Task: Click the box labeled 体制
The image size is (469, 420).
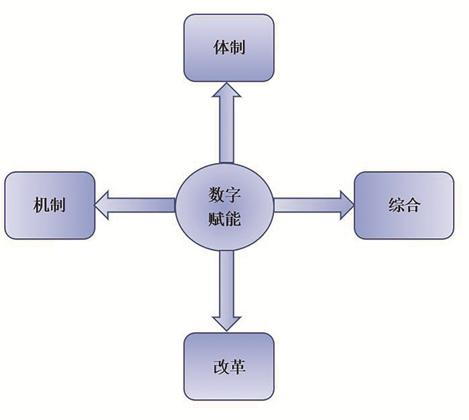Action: pos(228,47)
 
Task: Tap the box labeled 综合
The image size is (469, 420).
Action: pos(404,205)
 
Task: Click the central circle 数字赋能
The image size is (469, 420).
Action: pos(224,205)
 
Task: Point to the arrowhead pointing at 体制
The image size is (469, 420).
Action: pos(228,90)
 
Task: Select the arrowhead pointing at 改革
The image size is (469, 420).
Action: pos(228,320)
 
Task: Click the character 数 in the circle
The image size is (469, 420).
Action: pos(215,195)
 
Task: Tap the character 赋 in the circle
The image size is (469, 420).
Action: pos(215,218)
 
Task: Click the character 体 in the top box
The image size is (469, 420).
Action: pos(220,47)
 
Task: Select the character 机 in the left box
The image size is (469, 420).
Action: pos(41,205)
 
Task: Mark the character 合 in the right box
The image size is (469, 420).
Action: pos(412,205)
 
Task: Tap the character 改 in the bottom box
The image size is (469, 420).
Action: pos(220,368)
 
